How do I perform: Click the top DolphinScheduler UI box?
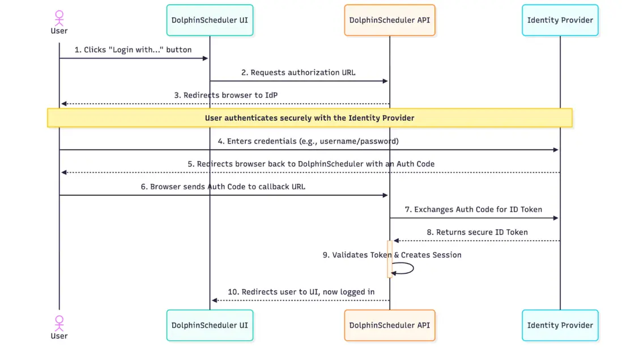point(210,20)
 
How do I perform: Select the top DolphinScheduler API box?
point(389,20)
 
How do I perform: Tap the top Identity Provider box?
point(560,20)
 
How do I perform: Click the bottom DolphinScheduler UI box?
point(210,325)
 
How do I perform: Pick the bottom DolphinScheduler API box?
point(389,325)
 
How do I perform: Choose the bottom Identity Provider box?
point(560,325)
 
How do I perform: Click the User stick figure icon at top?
point(59,17)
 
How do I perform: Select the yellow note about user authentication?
point(309,118)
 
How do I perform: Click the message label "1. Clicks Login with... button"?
point(133,50)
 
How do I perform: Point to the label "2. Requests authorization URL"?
point(299,73)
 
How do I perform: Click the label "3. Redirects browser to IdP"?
point(226,95)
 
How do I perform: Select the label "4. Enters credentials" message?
point(308,141)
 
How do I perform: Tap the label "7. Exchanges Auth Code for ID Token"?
point(473,210)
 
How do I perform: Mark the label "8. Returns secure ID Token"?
point(477,232)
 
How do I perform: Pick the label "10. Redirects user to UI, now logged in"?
point(301,292)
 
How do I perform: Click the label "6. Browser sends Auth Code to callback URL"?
point(223,187)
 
